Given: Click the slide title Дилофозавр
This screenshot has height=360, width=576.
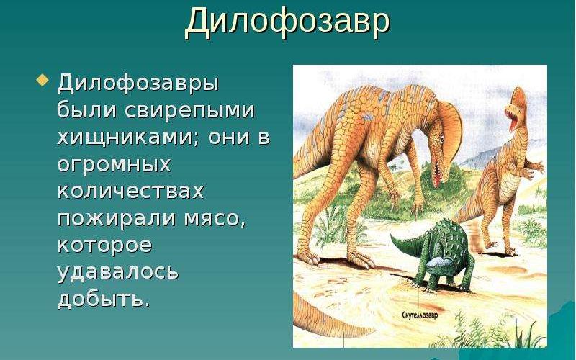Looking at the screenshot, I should [x=287, y=22].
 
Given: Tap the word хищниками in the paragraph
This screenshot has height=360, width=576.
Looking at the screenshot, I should [x=127, y=137].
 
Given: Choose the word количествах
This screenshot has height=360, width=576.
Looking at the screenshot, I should [x=130, y=191].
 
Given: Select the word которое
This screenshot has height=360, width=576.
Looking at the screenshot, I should [x=104, y=245].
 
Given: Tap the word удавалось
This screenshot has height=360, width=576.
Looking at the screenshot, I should [x=117, y=272].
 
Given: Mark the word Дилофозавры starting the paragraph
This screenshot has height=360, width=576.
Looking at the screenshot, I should [x=138, y=83].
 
